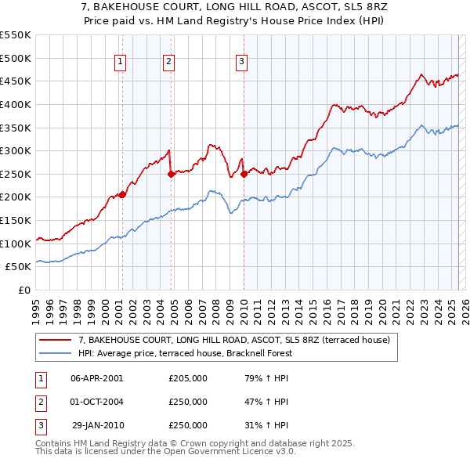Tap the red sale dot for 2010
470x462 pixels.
point(244,174)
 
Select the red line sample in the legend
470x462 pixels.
point(56,340)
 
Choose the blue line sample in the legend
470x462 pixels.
point(56,353)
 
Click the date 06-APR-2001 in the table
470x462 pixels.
point(97,378)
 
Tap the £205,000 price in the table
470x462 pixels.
point(188,378)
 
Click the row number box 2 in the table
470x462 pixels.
point(38,402)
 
